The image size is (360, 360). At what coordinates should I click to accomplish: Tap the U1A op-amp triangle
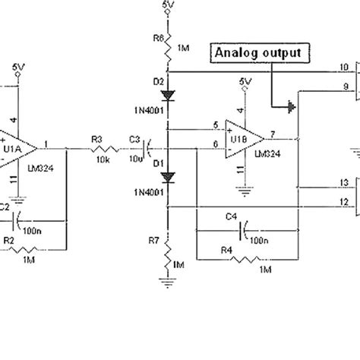(x=17, y=144)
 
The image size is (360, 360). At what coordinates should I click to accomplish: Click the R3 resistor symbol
(x=97, y=145)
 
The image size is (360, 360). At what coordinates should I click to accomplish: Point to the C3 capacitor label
(x=134, y=139)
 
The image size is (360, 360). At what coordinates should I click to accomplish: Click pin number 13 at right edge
(x=344, y=204)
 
